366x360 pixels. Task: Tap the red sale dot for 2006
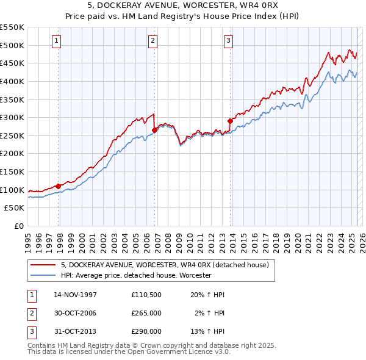[x=155, y=130]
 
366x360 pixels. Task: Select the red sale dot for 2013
[x=230, y=121]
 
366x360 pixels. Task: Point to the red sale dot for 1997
[x=59, y=186]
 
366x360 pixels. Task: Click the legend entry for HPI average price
[x=135, y=275]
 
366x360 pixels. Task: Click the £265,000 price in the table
[x=146, y=313]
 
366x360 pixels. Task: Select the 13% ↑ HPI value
[x=208, y=331]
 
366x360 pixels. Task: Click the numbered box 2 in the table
[x=31, y=313]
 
